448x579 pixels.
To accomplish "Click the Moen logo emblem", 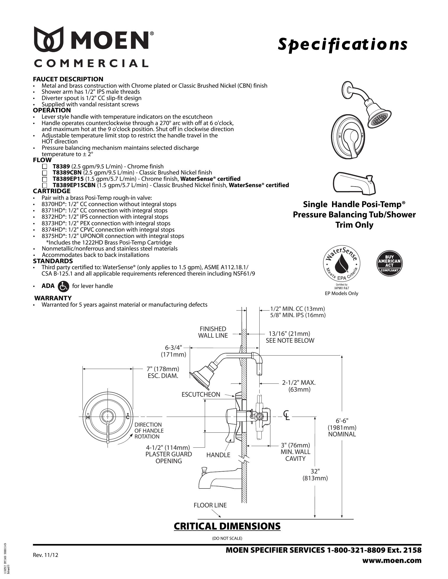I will coord(48,39).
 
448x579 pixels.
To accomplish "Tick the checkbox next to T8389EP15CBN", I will coord(45,185).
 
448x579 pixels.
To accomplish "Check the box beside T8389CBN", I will coord(45,173).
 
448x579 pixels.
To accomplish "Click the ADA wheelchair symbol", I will coord(65,286).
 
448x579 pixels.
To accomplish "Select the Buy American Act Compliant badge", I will coord(389,263).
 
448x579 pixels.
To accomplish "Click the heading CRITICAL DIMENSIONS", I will coord(227,527).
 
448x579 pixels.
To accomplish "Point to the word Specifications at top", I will coord(342,44).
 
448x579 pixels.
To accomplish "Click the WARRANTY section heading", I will coord(53,298).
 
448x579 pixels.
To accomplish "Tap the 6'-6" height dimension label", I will coord(342,421).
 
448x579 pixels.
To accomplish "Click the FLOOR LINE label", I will coord(210,505).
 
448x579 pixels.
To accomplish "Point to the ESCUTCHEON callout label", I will coord(201,395).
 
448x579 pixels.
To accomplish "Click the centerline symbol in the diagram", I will coord(286,416).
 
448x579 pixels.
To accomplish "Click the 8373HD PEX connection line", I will coord(106,223).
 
